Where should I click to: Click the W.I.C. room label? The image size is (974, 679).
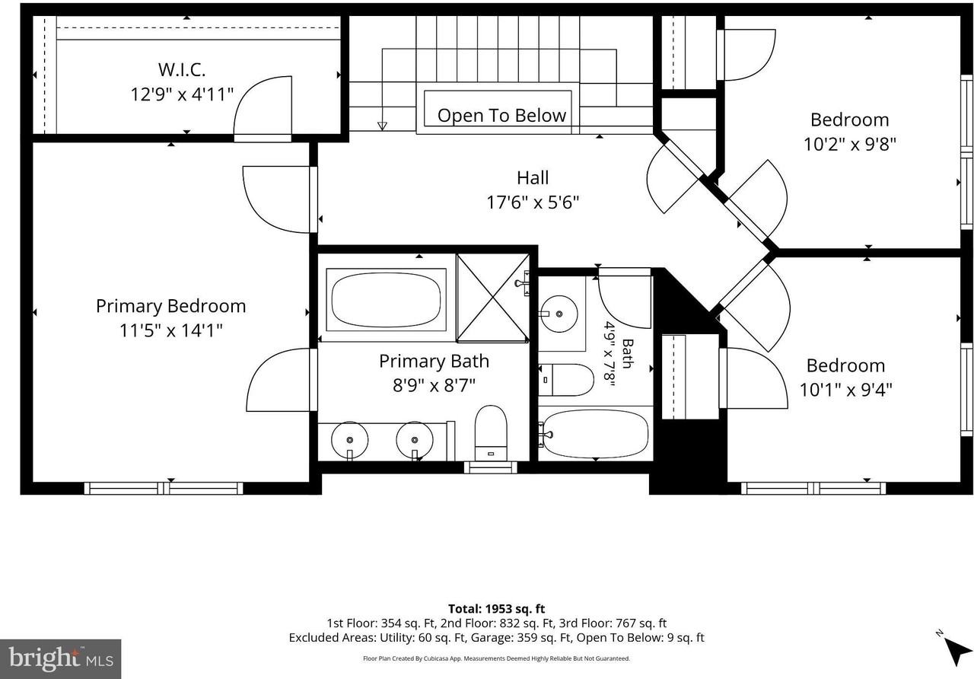182,69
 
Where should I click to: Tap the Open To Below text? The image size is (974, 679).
501,115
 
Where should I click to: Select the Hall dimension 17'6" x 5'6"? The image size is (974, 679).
533,202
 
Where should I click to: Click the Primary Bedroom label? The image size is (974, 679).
171,306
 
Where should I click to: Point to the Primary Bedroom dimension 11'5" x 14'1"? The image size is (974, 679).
171,330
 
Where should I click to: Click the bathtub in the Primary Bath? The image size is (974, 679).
386,299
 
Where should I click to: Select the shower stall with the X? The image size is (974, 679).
492,298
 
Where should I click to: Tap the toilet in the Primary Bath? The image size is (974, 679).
491,433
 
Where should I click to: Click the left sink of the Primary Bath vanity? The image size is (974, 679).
349,440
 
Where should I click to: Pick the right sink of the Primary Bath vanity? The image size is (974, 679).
415,440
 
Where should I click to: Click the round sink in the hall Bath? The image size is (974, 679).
559,314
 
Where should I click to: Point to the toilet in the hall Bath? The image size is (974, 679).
566,380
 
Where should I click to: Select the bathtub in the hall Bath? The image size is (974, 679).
596,434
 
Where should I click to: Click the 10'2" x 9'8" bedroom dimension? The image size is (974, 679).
850,144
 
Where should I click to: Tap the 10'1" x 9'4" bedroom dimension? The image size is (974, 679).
845,390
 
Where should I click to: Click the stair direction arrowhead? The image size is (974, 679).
382,126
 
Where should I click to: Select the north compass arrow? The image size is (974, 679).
958,651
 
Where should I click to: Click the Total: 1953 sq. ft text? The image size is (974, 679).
497,608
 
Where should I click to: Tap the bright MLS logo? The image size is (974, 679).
60,659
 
